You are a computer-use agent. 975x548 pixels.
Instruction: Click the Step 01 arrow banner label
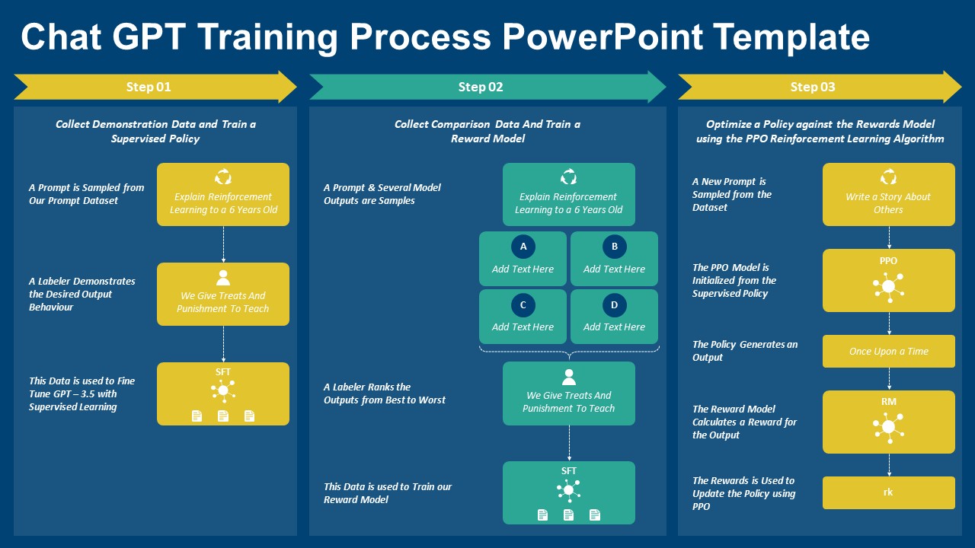click(149, 87)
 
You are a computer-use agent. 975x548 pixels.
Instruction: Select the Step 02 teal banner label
click(481, 87)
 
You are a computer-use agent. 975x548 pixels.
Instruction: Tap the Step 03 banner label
click(813, 87)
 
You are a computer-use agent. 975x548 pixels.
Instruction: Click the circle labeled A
click(523, 247)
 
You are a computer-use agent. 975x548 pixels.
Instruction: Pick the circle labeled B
click(614, 247)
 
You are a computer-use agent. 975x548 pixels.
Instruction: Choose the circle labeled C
click(523, 305)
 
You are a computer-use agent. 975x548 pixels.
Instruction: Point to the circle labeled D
click(614, 305)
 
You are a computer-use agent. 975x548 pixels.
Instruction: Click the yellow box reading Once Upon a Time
click(888, 352)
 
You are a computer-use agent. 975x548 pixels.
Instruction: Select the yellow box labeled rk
click(888, 492)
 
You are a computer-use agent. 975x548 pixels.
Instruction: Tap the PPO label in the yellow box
click(888, 261)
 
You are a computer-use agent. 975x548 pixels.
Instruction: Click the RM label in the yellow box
click(888, 402)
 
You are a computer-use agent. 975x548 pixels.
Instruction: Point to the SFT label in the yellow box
click(223, 372)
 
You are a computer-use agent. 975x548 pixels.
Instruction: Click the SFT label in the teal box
click(569, 471)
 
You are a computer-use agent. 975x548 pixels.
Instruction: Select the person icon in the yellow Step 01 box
click(223, 278)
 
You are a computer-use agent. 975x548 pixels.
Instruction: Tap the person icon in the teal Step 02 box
click(569, 377)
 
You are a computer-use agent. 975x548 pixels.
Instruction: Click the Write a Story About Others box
click(888, 195)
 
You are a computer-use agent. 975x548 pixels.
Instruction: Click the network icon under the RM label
click(888, 427)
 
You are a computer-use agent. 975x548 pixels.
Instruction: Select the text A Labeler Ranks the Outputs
click(384, 393)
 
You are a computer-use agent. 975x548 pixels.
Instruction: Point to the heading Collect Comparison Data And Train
click(487, 124)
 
